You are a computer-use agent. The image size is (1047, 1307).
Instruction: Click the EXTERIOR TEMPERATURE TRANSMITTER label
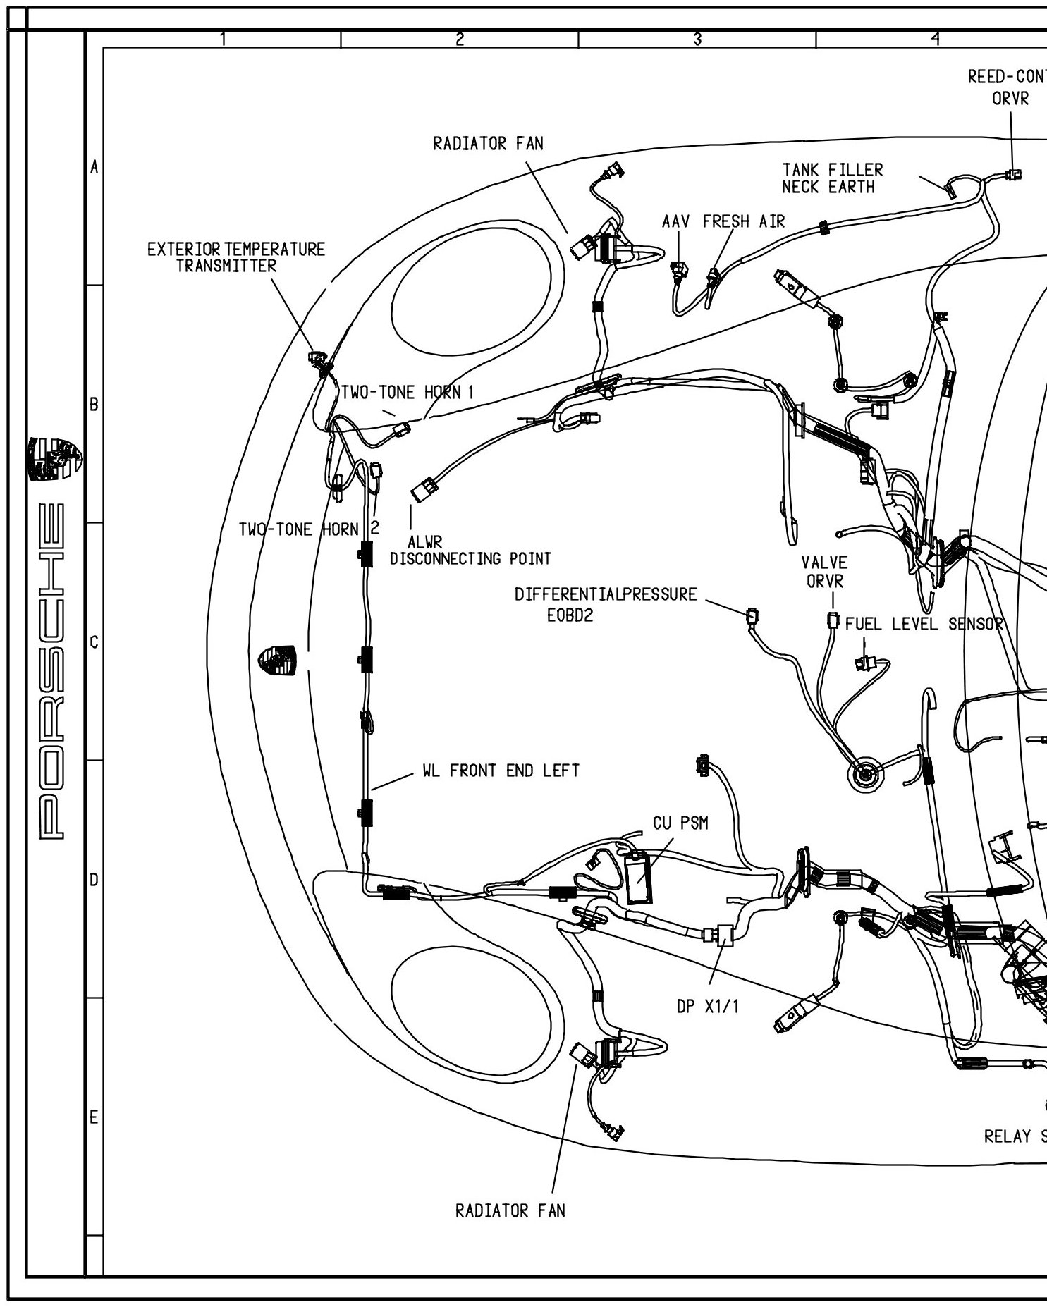pos(236,257)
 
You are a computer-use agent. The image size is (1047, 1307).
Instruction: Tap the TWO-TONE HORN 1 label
pos(408,393)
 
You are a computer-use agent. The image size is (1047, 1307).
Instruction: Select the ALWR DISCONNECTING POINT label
pos(470,551)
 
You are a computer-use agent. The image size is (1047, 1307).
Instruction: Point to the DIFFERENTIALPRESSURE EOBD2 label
pos(606,604)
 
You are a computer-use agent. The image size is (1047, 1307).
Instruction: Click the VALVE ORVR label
pos(824,572)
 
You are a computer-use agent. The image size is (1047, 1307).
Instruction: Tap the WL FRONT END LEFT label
pos(501,771)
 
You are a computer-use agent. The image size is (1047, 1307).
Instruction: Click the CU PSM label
pos(680,823)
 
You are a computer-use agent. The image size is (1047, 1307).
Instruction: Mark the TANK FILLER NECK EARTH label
pos(832,178)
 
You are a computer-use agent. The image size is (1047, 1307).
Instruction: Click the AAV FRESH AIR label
pos(723,221)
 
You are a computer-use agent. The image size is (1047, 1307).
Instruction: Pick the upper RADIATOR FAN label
pos(488,144)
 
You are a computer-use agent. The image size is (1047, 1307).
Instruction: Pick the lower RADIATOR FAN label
pos(510,1211)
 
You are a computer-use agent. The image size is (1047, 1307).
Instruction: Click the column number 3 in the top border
pos(697,39)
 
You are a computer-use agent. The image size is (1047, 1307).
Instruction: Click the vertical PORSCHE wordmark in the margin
pos(55,670)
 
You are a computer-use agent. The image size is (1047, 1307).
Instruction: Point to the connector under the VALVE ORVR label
pos(833,621)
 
